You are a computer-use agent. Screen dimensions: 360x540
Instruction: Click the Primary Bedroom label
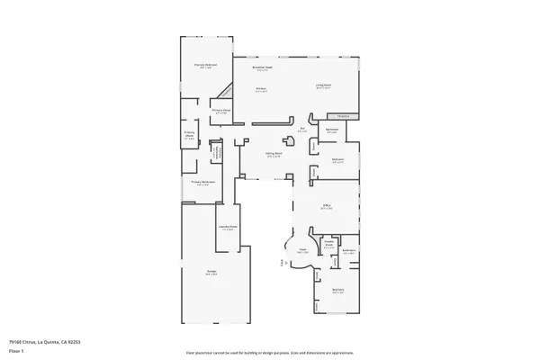205,65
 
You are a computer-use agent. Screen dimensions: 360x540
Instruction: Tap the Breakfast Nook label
263,67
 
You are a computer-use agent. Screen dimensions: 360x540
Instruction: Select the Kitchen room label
260,89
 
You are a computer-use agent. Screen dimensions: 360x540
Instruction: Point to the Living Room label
324,86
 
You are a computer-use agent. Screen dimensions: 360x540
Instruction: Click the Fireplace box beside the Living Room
342,116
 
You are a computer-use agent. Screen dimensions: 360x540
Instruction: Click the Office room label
328,206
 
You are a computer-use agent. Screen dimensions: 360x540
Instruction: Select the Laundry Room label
228,227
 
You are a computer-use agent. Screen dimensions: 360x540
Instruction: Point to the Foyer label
303,251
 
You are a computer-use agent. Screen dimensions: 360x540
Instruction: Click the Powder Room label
328,244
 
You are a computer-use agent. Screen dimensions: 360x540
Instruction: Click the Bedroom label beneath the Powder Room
338,290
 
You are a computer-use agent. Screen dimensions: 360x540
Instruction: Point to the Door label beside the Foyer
282,263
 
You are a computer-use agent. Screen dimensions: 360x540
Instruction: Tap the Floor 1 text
16,349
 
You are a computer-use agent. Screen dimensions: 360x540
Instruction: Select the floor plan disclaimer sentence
269,353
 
